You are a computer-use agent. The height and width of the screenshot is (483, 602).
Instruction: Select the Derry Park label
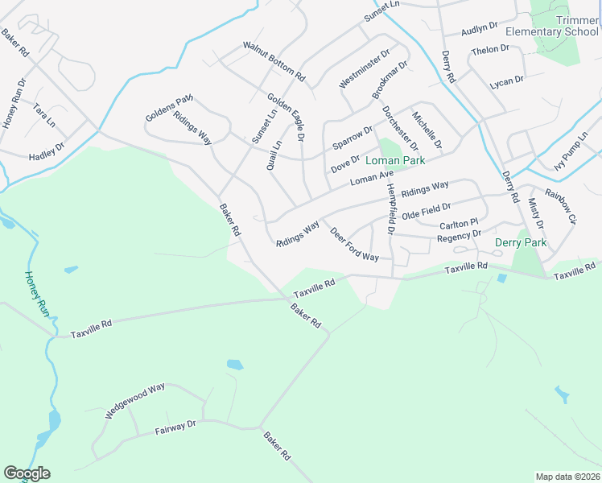coord(520,242)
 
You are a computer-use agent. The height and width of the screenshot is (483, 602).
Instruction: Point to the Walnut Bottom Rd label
coord(274,61)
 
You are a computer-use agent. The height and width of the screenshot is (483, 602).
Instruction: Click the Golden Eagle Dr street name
coord(287,118)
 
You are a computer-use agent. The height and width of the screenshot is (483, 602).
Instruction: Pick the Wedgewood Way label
coord(134,400)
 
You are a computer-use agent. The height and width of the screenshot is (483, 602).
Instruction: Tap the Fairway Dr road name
coord(175,427)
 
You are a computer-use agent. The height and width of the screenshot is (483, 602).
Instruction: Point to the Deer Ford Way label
coord(354,244)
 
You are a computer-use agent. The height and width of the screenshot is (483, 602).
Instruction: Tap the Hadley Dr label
coord(46,151)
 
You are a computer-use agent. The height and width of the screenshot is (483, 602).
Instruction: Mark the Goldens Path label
coord(169,108)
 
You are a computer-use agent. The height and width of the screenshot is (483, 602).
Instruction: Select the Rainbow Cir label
coord(562,206)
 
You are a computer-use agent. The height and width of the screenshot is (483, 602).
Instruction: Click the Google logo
coord(27,473)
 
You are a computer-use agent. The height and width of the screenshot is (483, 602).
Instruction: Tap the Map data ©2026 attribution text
coord(567,476)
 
